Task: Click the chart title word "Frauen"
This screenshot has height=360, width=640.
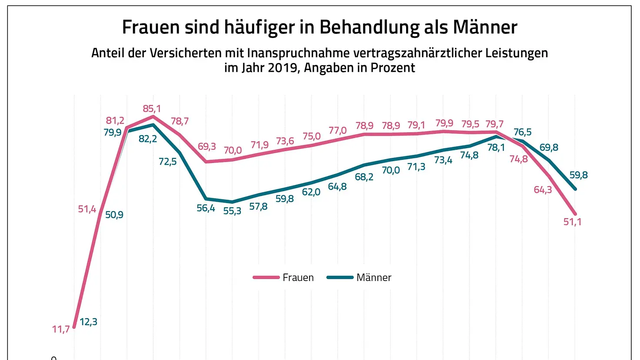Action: click(150, 27)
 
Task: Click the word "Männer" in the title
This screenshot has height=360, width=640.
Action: click(485, 27)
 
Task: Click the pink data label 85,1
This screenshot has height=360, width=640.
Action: click(152, 109)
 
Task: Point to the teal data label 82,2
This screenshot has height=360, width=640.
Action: click(148, 139)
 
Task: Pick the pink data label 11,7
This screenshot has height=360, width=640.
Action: click(61, 330)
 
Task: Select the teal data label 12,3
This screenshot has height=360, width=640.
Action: click(88, 322)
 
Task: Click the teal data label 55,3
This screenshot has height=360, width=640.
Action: click(232, 211)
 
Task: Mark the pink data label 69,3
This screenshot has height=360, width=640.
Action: click(207, 147)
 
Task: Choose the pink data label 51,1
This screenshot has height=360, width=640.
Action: click(573, 222)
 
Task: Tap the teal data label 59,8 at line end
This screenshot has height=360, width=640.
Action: click(579, 175)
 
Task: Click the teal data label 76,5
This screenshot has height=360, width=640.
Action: click(523, 132)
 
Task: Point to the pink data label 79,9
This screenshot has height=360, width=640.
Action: click(444, 123)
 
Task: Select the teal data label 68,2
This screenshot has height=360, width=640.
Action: click(364, 177)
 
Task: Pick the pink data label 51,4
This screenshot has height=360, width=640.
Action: click(87, 209)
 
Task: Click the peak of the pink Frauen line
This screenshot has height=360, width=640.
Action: click(153, 116)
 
